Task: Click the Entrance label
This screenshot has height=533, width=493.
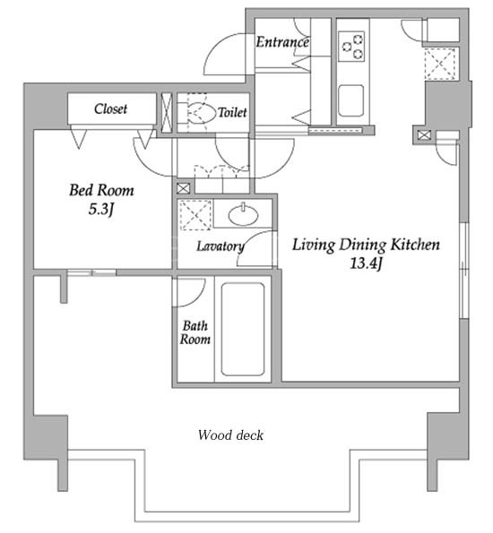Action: [x=282, y=42]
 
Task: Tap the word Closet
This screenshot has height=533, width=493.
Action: [x=110, y=108]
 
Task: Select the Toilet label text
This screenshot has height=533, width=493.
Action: [x=232, y=112]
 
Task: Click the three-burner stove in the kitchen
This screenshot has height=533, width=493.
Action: [x=351, y=47]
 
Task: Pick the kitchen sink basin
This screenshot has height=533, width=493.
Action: [x=350, y=100]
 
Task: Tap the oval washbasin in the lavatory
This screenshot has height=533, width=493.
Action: [x=243, y=215]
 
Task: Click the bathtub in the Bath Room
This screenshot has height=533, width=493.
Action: [x=243, y=329]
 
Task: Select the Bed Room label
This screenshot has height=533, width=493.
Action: [x=101, y=190]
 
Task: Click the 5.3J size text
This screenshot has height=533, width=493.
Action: [x=100, y=210]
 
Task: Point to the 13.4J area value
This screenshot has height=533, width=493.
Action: [x=366, y=263]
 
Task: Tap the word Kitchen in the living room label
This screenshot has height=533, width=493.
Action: [x=415, y=245]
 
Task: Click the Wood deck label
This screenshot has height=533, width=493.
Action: [x=230, y=435]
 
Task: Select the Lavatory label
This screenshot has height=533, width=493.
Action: [x=221, y=246]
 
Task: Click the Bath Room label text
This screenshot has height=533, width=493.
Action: [x=195, y=332]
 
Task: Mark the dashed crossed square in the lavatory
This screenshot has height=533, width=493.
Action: [x=195, y=215]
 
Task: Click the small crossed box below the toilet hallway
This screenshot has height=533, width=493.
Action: [x=183, y=189]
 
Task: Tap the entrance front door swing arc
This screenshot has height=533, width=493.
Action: [x=225, y=54]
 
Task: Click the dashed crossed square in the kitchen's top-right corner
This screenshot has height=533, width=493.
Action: [x=440, y=64]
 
